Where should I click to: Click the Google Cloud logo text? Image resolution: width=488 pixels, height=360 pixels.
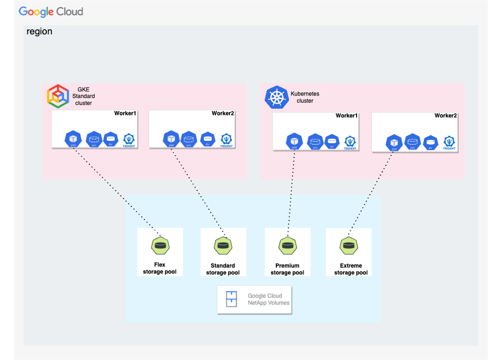coord(51,11)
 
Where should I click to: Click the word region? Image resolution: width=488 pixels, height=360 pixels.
coord(40,32)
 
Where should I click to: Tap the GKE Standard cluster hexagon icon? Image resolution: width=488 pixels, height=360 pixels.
coord(57,96)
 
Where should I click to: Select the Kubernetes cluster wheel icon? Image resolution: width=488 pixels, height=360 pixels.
coord(276,98)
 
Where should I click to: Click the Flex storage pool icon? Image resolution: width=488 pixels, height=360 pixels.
coord(160,245)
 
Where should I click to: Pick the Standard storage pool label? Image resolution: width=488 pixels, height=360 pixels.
coord(223,269)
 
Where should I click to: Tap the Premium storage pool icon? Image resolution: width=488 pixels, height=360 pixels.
coord(287,245)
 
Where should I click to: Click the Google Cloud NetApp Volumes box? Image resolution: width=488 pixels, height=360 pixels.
coord(254,299)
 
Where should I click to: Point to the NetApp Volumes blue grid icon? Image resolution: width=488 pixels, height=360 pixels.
coord(231,299)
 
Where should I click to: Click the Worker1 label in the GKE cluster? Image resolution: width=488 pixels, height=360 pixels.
coord(125,114)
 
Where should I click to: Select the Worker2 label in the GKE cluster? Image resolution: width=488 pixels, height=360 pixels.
coord(223,114)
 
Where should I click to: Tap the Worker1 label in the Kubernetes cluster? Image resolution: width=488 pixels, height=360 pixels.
coord(347,116)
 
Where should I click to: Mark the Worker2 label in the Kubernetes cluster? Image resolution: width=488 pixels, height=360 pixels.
coord(445,116)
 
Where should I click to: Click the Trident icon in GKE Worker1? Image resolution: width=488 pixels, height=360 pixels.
coord(128,140)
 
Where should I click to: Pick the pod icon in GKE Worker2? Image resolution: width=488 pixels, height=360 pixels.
coord(171,139)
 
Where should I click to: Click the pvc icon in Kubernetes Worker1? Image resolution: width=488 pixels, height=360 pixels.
coord(314,141)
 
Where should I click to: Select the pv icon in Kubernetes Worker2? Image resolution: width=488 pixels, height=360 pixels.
coord(430,141)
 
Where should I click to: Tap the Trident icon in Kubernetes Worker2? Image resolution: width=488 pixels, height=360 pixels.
coord(449,142)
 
